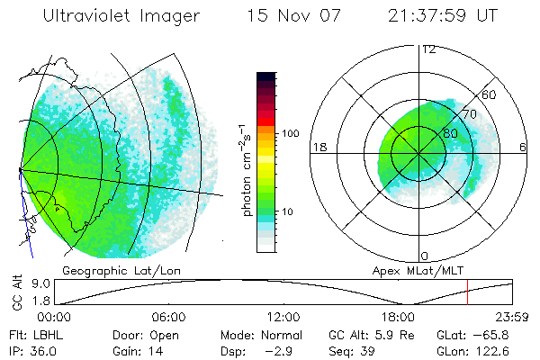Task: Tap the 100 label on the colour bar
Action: coord(290,133)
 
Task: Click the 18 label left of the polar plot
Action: coord(318,147)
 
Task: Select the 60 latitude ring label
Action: coord(490,94)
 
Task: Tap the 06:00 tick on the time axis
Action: coord(169,318)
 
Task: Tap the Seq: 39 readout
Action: coord(353,351)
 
